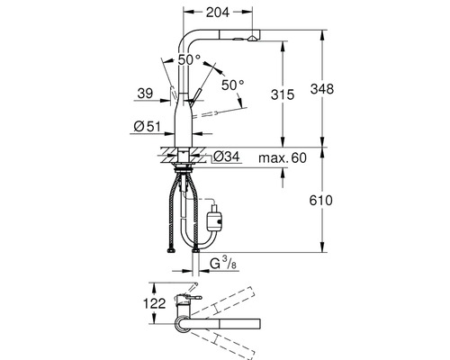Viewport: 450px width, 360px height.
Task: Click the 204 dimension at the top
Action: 218,12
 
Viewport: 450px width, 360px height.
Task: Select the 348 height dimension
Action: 322,89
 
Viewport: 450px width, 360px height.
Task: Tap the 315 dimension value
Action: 283,94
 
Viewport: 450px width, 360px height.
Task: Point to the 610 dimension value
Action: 321,200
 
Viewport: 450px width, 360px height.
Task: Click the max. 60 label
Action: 283,157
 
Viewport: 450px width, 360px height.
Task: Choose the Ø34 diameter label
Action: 227,157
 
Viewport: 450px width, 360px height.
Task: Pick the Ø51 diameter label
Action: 147,126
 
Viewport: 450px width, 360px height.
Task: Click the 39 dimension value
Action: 145,94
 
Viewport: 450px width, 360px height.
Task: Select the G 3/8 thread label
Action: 223,264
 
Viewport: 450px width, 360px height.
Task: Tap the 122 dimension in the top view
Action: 154,303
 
